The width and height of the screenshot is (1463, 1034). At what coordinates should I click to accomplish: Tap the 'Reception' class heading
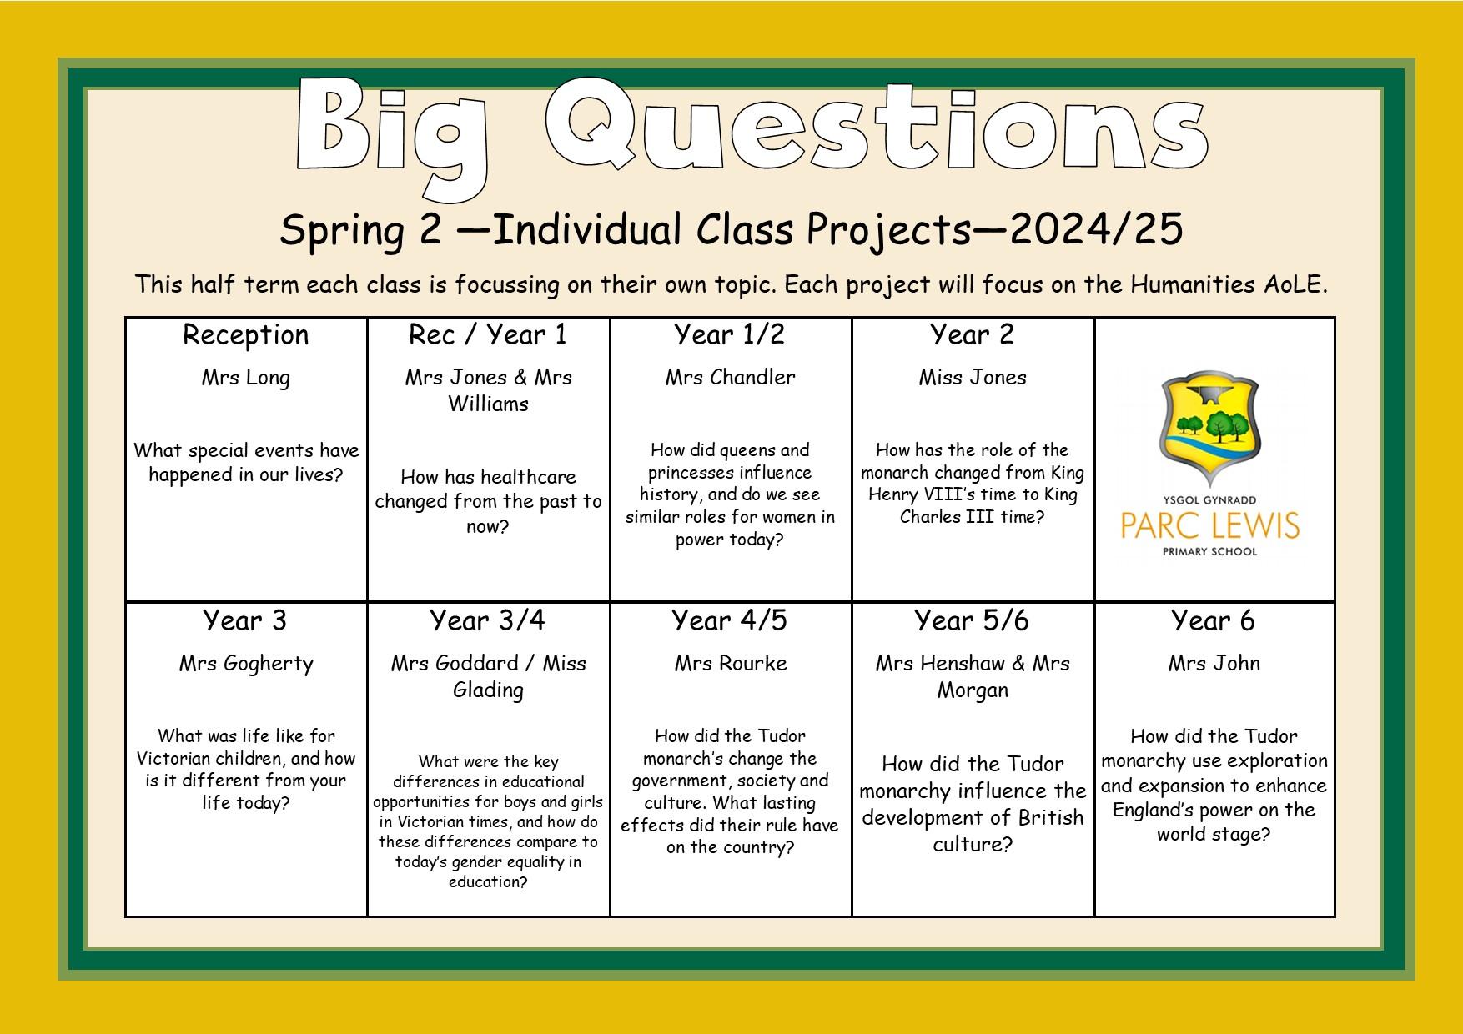pyautogui.click(x=246, y=335)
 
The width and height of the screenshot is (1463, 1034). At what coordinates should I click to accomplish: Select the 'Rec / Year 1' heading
pyautogui.click(x=488, y=335)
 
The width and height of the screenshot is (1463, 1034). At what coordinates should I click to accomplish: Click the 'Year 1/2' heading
pyautogui.click(x=730, y=334)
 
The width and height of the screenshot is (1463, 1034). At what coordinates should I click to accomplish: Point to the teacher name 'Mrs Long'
pyautogui.click(x=246, y=378)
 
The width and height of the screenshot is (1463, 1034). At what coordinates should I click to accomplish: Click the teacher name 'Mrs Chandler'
pyautogui.click(x=731, y=377)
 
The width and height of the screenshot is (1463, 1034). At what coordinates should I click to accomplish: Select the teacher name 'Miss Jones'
pyautogui.click(x=973, y=377)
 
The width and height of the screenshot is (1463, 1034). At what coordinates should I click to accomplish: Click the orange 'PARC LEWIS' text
pyautogui.click(x=1210, y=526)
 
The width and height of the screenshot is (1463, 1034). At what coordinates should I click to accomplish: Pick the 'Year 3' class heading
pyautogui.click(x=245, y=621)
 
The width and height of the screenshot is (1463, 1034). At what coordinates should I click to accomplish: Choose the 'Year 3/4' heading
pyautogui.click(x=488, y=621)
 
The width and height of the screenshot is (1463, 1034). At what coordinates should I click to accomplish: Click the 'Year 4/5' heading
pyautogui.click(x=730, y=621)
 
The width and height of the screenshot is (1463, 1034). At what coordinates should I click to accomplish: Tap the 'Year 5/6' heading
pyautogui.click(x=972, y=621)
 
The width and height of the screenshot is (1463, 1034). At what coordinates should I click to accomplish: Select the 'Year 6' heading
pyautogui.click(x=1214, y=621)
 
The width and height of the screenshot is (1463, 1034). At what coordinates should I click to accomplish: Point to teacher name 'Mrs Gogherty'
pyautogui.click(x=246, y=665)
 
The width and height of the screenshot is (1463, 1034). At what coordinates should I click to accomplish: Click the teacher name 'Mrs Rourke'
pyautogui.click(x=731, y=664)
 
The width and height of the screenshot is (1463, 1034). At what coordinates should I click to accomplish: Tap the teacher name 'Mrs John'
pyautogui.click(x=1214, y=664)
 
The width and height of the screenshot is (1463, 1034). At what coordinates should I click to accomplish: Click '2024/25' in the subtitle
pyautogui.click(x=1096, y=230)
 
